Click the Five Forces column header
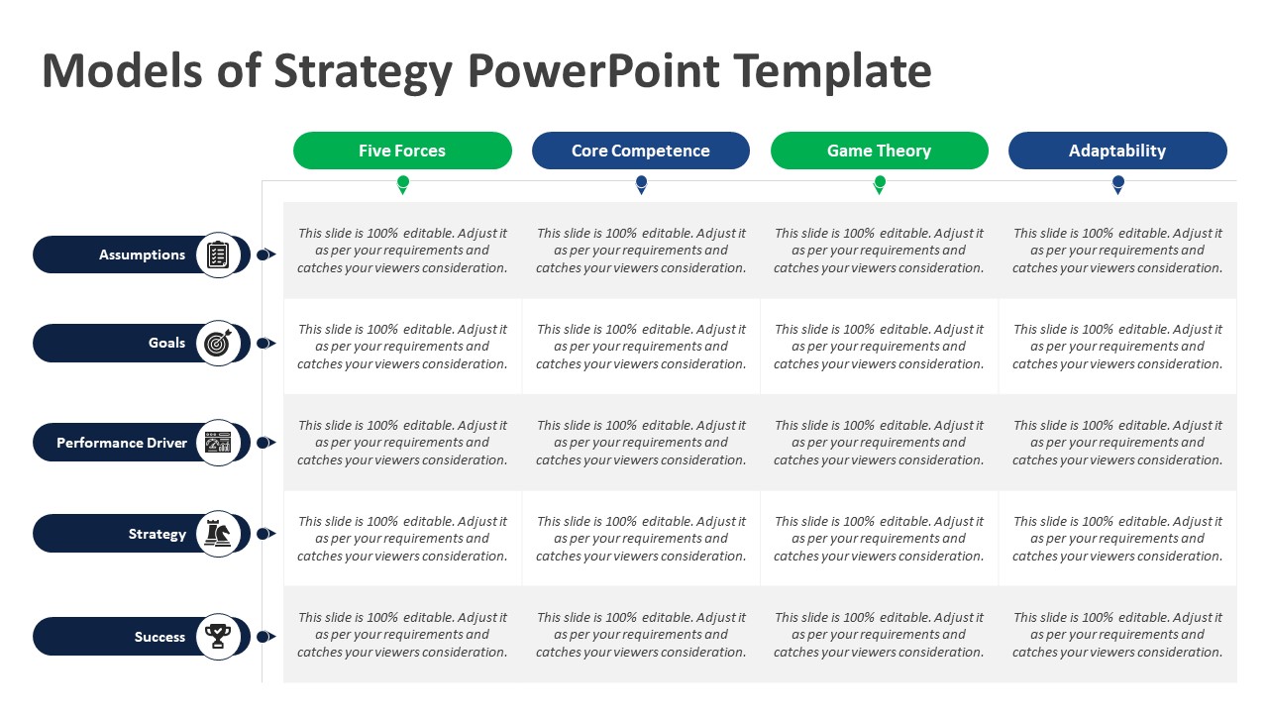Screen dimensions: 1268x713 click(x=402, y=151)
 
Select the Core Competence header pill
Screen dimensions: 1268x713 click(x=641, y=151)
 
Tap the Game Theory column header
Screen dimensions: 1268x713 click(x=879, y=151)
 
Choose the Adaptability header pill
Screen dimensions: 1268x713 click(x=1117, y=151)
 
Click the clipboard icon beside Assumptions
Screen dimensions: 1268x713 click(x=218, y=255)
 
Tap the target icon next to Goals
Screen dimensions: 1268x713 click(x=218, y=343)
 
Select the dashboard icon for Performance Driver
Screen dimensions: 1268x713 click(x=218, y=443)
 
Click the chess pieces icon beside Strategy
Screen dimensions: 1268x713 click(x=218, y=533)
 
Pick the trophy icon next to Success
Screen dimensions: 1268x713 click(x=218, y=637)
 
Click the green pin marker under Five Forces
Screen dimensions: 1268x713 click(x=403, y=184)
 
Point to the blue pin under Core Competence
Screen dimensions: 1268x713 click(x=641, y=184)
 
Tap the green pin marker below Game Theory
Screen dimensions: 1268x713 click(x=880, y=184)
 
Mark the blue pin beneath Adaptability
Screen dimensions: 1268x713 click(x=1118, y=184)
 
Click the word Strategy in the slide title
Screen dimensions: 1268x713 click(x=363, y=72)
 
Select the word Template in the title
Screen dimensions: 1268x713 click(x=833, y=72)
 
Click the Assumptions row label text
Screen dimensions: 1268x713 click(x=142, y=255)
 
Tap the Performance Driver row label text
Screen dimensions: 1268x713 click(x=122, y=443)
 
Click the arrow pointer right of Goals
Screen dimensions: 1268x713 click(x=266, y=343)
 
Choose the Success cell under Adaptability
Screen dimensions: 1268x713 click(x=1117, y=635)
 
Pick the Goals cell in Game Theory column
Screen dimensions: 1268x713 click(x=879, y=347)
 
